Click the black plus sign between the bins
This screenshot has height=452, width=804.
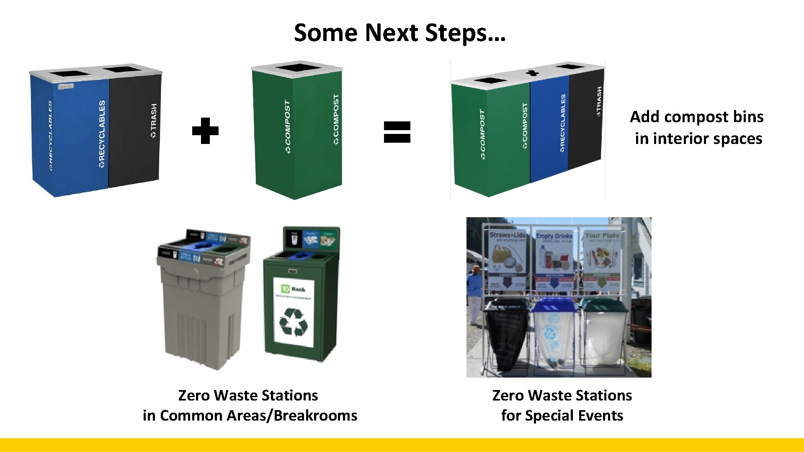tap(205, 131)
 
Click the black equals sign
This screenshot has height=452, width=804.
tap(397, 132)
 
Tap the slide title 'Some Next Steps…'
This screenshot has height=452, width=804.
tap(400, 33)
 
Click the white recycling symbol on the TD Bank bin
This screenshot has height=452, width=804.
tap(293, 322)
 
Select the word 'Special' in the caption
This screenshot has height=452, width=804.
tap(549, 416)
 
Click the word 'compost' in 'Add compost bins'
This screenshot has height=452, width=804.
tap(697, 117)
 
